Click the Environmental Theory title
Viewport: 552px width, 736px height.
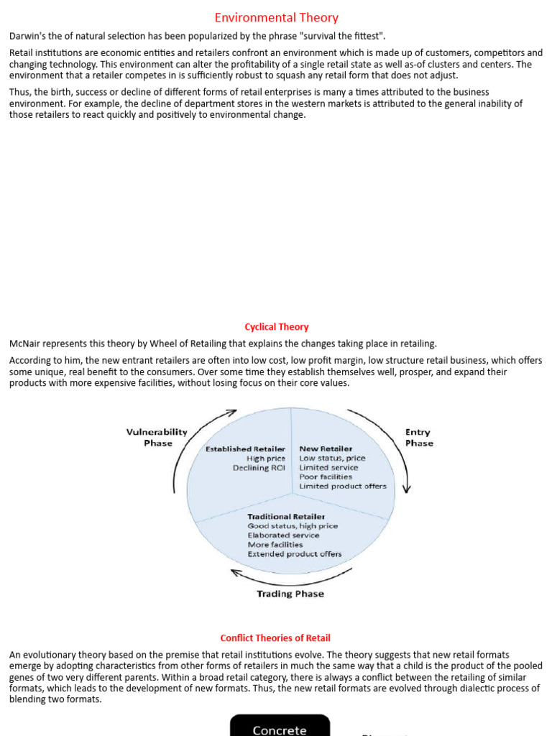pyautogui.click(x=277, y=18)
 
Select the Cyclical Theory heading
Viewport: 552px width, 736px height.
pyautogui.click(x=277, y=327)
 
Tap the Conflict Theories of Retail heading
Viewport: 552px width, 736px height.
pyautogui.click(x=275, y=638)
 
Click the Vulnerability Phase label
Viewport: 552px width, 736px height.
pyautogui.click(x=157, y=437)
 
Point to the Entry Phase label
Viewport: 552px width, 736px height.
pyautogui.click(x=418, y=437)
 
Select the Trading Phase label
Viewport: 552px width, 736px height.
pyautogui.click(x=290, y=594)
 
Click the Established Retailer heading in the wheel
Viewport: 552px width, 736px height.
pyautogui.click(x=245, y=449)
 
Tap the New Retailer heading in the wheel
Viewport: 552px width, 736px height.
pyautogui.click(x=326, y=449)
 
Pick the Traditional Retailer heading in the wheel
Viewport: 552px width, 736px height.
pyautogui.click(x=286, y=517)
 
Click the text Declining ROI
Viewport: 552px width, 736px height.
pyautogui.click(x=259, y=468)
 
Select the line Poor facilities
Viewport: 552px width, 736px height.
pyautogui.click(x=326, y=477)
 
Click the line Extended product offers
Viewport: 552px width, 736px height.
pyautogui.click(x=295, y=554)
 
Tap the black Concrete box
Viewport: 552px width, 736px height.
pyautogui.click(x=280, y=726)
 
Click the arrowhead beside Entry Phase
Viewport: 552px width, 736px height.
pyautogui.click(x=407, y=488)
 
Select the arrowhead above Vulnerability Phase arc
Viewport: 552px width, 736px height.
pyautogui.click(x=231, y=413)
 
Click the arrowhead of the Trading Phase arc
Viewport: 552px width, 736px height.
pyautogui.click(x=234, y=573)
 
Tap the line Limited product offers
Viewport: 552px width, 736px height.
pyautogui.click(x=343, y=487)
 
